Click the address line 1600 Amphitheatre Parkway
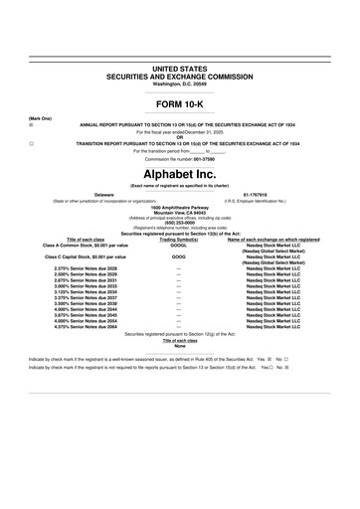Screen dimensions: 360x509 [x=179, y=207]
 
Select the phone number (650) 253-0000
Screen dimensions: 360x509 [x=179, y=222]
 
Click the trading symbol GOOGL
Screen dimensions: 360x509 [x=179, y=244]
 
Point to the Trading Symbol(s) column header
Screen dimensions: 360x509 [x=179, y=239]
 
